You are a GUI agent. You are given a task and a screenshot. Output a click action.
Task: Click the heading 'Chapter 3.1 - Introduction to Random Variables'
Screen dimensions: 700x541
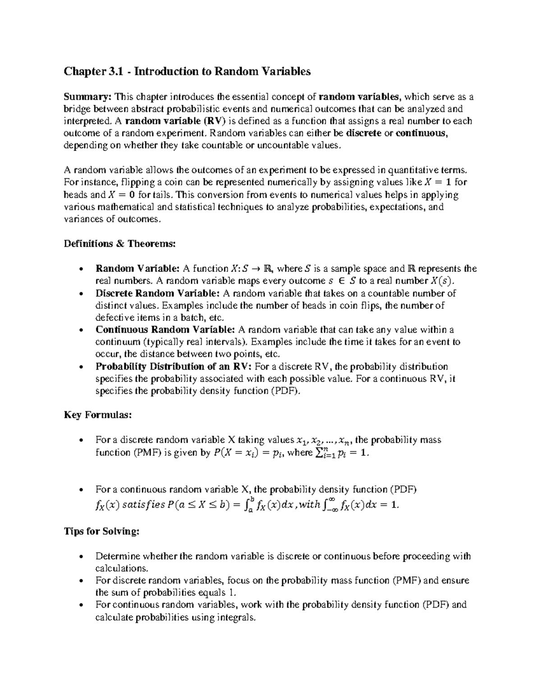pyautogui.click(x=187, y=71)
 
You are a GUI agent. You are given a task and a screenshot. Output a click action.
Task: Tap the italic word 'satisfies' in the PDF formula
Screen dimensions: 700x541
pyautogui.click(x=143, y=505)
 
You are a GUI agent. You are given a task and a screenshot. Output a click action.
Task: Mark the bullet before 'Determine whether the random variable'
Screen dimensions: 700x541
pyautogui.click(x=80, y=557)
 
